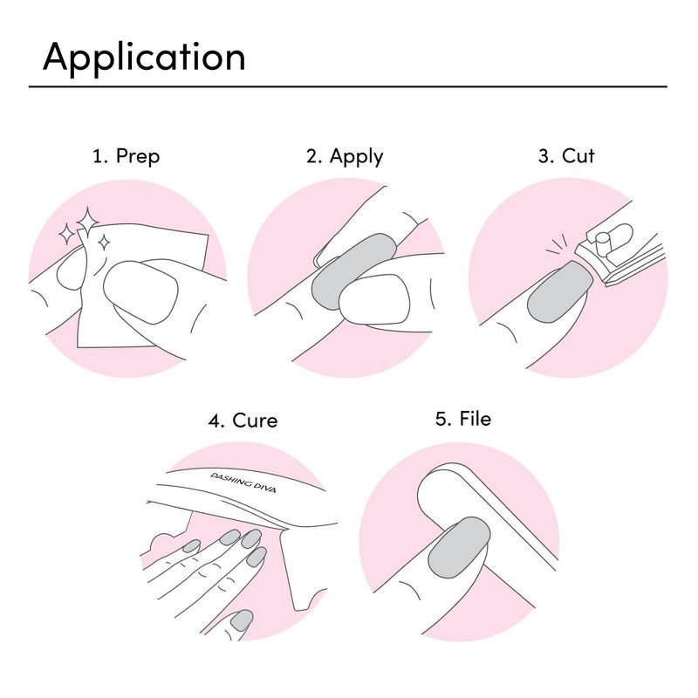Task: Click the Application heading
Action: (144, 58)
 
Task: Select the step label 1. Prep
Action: (127, 157)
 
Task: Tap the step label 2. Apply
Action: (345, 157)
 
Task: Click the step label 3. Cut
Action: (567, 157)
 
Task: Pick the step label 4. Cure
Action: (243, 421)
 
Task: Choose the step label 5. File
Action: (463, 419)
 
